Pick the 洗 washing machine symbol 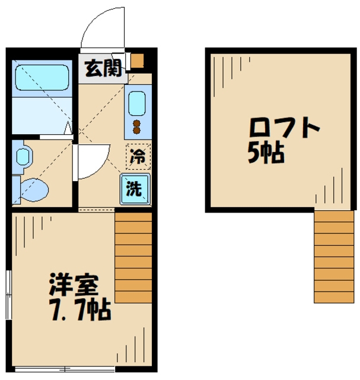tap(135, 189)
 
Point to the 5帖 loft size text tap(265, 154)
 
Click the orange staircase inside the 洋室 tap(133, 258)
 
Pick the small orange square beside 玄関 tap(138, 61)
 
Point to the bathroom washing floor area tap(42, 116)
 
